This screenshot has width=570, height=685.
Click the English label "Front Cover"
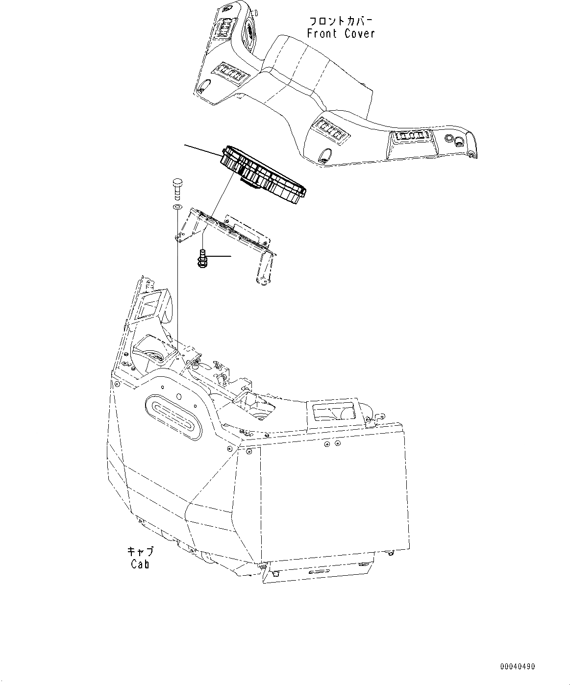(x=341, y=33)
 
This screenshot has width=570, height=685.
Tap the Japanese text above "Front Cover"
(x=341, y=21)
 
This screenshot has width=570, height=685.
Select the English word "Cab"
(x=140, y=563)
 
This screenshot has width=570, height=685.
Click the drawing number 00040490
(x=518, y=666)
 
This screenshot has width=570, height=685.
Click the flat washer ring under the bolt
(x=177, y=207)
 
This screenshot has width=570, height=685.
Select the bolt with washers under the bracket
(x=201, y=258)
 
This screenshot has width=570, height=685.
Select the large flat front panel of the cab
(x=333, y=490)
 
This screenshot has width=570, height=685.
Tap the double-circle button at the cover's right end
(x=459, y=142)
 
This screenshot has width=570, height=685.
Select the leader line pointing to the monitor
(x=202, y=149)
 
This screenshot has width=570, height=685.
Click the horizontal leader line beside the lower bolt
(x=219, y=256)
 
